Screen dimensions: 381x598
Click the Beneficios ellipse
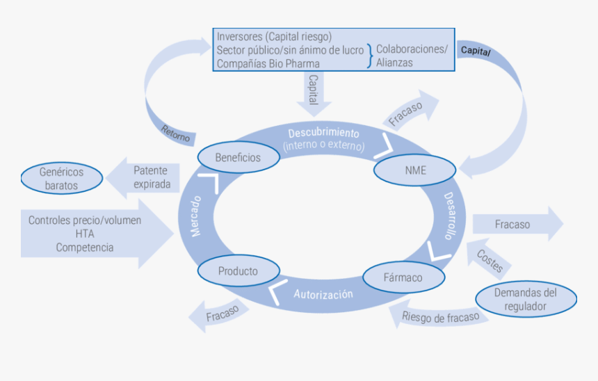pyautogui.click(x=238, y=157)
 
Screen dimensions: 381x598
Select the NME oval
pyautogui.click(x=414, y=170)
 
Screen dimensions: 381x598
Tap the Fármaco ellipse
pyautogui.click(x=403, y=277)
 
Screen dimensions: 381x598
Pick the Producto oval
pyautogui.click(x=237, y=271)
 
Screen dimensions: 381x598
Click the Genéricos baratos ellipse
pyautogui.click(x=61, y=179)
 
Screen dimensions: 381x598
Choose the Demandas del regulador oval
pyautogui.click(x=526, y=300)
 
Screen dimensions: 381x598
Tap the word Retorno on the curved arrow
pyautogui.click(x=175, y=133)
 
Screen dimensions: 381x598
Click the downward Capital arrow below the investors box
pyautogui.click(x=314, y=92)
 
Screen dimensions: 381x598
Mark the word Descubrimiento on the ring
pyautogui.click(x=323, y=133)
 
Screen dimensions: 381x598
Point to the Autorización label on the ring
pyautogui.click(x=323, y=294)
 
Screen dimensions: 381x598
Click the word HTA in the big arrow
pyautogui.click(x=85, y=234)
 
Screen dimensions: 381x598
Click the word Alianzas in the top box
pyautogui.click(x=394, y=63)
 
